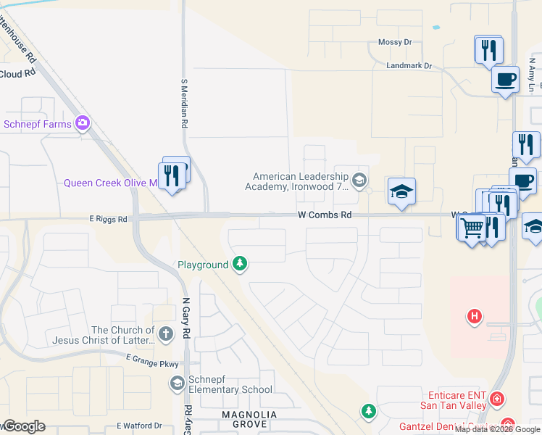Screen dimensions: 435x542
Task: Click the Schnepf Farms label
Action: click(38, 124)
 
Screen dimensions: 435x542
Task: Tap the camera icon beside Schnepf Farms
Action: click(83, 123)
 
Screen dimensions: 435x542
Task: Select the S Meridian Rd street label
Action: click(184, 104)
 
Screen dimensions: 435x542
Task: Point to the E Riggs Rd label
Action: click(108, 219)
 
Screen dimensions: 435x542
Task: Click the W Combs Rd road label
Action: click(325, 215)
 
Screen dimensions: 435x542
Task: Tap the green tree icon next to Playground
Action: click(240, 265)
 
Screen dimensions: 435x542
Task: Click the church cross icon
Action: click(166, 334)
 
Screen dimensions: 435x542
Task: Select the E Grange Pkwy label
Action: click(152, 358)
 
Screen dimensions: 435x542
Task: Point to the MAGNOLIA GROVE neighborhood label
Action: click(249, 419)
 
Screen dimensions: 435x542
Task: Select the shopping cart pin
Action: click(472, 228)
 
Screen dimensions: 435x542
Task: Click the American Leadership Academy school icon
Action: click(359, 179)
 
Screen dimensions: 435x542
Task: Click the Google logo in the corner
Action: click(23, 426)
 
